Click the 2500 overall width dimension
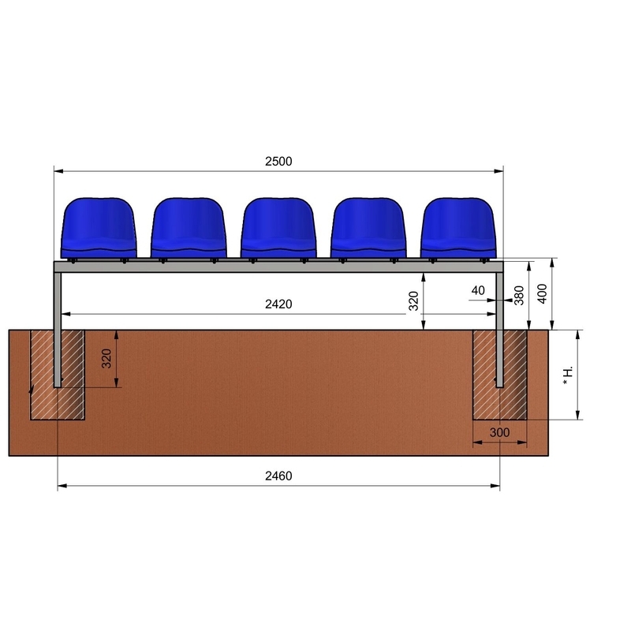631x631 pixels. pyautogui.click(x=278, y=161)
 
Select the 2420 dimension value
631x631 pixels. pyautogui.click(x=278, y=304)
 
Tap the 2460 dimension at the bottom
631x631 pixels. pyautogui.click(x=278, y=476)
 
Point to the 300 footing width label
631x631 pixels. pyautogui.click(x=498, y=433)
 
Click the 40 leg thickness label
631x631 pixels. pyautogui.click(x=478, y=290)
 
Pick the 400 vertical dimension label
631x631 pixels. pyautogui.click(x=543, y=294)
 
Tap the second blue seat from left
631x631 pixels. pyautogui.click(x=189, y=227)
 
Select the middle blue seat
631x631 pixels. pyautogui.click(x=278, y=227)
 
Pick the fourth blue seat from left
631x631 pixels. pyautogui.click(x=368, y=227)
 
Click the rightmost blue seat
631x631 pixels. pyautogui.click(x=458, y=227)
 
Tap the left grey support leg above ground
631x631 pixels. pyautogui.click(x=58, y=300)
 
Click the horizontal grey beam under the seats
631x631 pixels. pyautogui.click(x=278, y=267)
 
